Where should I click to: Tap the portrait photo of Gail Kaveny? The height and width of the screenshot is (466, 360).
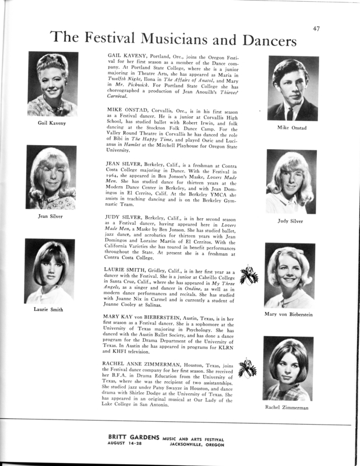coord(53,83)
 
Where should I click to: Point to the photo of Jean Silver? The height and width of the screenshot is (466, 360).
coord(52,178)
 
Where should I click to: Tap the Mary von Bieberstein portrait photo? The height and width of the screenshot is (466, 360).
coord(290,274)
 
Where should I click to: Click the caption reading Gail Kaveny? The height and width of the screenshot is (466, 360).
coord(52,123)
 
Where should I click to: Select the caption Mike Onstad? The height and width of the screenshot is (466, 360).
coord(292,127)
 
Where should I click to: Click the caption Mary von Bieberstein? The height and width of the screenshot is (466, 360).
coord(290,314)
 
